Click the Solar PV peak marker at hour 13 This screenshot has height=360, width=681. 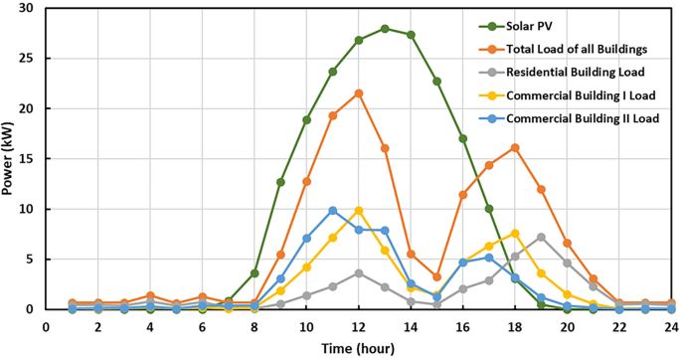(x=385, y=29)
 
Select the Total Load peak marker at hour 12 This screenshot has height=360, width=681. (x=359, y=93)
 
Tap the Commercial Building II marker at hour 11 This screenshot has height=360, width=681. (x=333, y=211)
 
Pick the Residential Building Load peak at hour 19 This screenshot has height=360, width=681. (x=541, y=237)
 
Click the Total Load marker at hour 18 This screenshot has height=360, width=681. (x=515, y=147)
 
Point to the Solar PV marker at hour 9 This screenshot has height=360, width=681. (x=281, y=182)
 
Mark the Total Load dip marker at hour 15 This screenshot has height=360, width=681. (x=437, y=277)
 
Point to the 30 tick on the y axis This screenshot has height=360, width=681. (x=32, y=8)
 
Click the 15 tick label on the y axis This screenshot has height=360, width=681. (x=32, y=159)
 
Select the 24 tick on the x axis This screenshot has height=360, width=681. (x=671, y=325)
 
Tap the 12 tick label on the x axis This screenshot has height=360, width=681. (x=359, y=325)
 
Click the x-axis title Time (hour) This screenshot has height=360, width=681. (x=358, y=347)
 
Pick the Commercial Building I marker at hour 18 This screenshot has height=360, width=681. (x=515, y=234)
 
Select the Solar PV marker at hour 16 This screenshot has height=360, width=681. (x=463, y=138)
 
